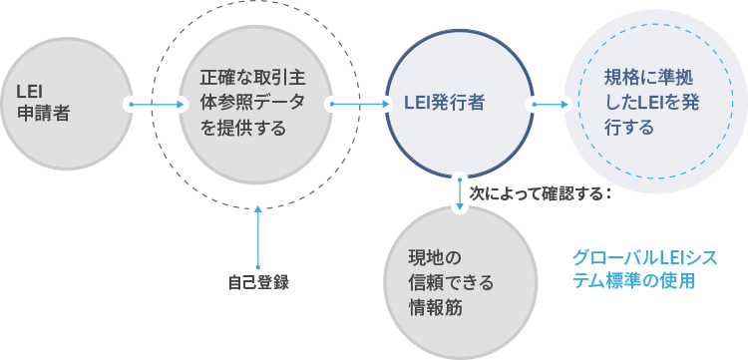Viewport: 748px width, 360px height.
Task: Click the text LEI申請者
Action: click(x=44, y=103)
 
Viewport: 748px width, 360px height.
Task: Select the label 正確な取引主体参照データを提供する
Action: click(x=253, y=104)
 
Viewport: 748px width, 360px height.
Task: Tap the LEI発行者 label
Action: click(x=444, y=103)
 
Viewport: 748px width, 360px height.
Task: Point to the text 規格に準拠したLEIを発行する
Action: click(x=651, y=103)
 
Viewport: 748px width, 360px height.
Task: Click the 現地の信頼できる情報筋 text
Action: click(x=451, y=283)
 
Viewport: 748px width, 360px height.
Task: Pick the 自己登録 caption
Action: click(x=258, y=283)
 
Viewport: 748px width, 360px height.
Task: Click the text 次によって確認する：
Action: click(x=540, y=193)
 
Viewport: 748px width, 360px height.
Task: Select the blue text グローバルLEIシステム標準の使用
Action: click(x=644, y=269)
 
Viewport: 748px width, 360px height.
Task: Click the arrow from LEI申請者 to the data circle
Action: click(x=157, y=104)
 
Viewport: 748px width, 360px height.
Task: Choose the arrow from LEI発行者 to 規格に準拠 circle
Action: click(x=551, y=104)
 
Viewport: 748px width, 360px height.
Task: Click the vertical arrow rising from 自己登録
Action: click(x=258, y=237)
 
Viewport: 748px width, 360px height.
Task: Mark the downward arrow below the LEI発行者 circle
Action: click(x=460, y=194)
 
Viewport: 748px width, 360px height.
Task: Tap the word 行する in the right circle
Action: click(x=629, y=129)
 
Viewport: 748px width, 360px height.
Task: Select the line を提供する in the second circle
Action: click(x=242, y=129)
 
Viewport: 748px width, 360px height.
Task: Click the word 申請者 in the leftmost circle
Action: click(x=44, y=114)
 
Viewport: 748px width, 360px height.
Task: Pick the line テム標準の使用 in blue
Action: click(x=633, y=281)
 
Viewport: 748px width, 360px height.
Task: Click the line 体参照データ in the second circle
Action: click(x=252, y=104)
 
